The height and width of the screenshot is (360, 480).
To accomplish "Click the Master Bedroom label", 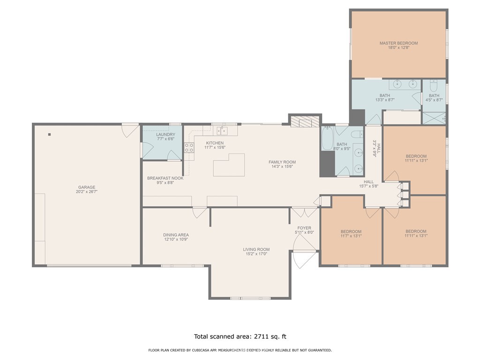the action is click(x=398, y=43).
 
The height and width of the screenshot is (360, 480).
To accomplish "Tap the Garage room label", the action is click(x=87, y=187).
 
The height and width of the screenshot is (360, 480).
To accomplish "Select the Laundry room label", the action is click(x=165, y=135).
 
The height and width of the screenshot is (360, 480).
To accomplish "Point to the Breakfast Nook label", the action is click(x=165, y=178).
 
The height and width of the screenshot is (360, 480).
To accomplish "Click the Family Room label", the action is click(x=282, y=162).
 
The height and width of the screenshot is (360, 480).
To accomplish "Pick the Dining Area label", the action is click(x=176, y=235).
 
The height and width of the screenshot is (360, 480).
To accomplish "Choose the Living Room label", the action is click(x=256, y=249).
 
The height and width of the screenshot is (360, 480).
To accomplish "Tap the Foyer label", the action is click(x=304, y=228).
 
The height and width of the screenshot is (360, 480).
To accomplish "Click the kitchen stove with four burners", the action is click(x=189, y=148).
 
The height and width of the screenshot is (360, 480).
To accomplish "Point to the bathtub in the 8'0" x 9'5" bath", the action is click(x=327, y=138).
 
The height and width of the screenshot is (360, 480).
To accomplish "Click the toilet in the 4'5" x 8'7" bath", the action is click(x=434, y=86).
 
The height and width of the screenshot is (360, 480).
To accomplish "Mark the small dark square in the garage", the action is click(x=49, y=135).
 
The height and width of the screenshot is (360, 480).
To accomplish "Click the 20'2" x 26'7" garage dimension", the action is click(x=87, y=192).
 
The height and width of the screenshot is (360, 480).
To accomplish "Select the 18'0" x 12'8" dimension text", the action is click(x=398, y=48).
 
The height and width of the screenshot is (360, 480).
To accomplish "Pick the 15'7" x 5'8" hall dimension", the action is click(x=369, y=186).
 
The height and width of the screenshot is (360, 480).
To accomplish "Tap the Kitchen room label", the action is click(x=215, y=143).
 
